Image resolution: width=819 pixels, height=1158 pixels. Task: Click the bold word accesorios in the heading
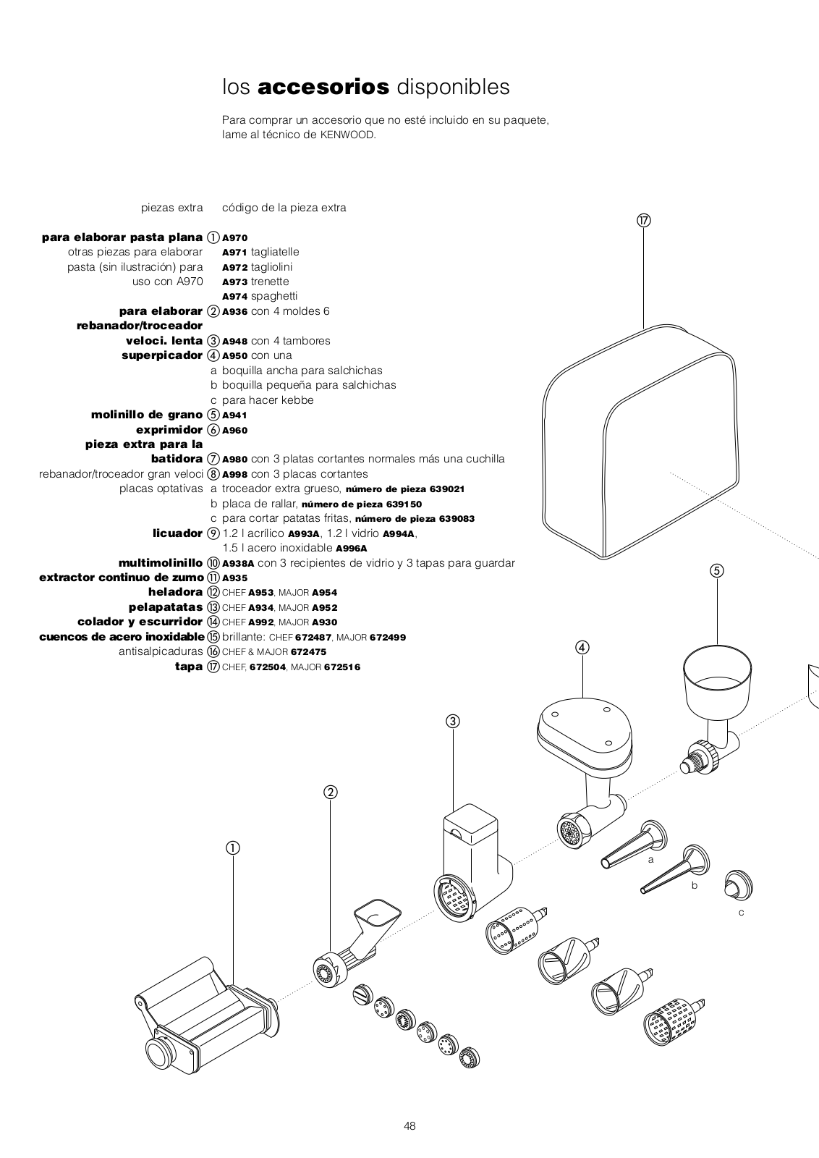point(323,88)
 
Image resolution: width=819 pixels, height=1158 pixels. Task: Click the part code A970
point(235,237)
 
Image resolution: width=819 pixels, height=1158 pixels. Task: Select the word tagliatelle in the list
point(275,252)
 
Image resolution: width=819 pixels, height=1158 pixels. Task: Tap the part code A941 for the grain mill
point(235,415)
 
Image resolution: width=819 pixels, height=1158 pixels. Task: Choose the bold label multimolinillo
point(161,563)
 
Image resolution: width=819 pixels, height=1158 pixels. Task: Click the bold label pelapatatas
point(166,607)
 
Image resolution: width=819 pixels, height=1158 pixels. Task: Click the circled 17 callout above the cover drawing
point(644,221)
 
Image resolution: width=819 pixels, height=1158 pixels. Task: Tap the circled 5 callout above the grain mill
point(717,570)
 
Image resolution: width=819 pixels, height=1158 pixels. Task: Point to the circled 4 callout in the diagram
point(583,647)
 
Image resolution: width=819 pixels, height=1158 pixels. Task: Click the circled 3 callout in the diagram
point(453,721)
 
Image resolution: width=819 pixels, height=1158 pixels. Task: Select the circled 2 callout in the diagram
point(331,792)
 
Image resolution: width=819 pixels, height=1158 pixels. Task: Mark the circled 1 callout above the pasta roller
point(233,848)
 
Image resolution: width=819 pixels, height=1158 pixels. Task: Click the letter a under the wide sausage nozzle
point(651,859)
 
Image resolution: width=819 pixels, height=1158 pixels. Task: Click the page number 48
point(409,1125)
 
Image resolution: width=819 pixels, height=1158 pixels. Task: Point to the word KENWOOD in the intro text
point(347,135)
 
